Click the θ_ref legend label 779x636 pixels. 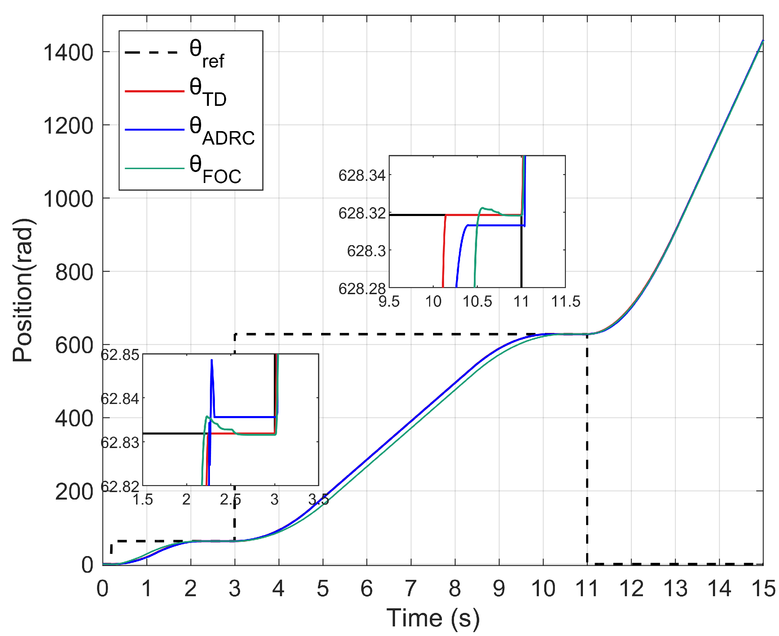pos(207,54)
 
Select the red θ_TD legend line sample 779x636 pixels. pos(154,91)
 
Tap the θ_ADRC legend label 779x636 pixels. pos(222,131)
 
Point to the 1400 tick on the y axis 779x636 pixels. pos(68,53)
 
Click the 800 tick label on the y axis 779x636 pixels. pos(74,273)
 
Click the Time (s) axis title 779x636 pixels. pos(433,619)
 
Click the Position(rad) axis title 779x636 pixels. pos(23,290)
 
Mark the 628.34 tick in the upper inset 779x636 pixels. pos(362,176)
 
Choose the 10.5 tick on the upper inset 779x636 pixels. pos(477,302)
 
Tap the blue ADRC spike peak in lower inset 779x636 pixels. pos(212,361)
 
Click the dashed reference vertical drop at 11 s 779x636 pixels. pos(587,440)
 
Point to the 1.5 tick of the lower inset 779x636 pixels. pos(143,500)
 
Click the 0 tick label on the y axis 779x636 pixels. pos(87,565)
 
